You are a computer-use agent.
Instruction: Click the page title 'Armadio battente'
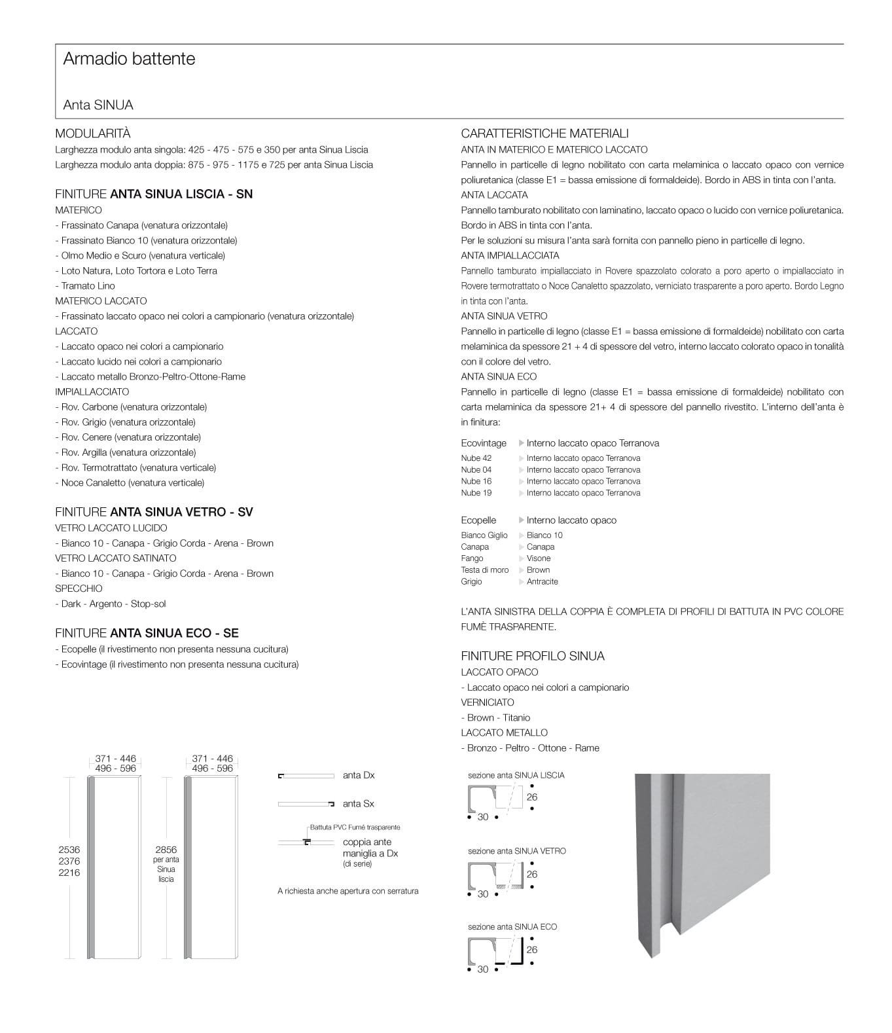pos(129,59)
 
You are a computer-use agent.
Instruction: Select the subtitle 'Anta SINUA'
pos(98,105)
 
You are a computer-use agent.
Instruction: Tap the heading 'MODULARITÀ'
pos(93,134)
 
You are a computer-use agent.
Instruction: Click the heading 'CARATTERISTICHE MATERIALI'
pos(544,134)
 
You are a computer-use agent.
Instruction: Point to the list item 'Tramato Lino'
pos(88,286)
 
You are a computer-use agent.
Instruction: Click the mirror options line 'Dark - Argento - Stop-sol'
pos(113,604)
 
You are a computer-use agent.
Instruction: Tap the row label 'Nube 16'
pos(476,482)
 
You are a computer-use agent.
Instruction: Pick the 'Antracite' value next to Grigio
pos(542,582)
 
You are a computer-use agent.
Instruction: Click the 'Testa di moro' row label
pos(484,570)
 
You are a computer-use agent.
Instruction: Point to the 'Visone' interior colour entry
pos(538,558)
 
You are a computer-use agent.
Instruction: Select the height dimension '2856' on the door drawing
pos(166,850)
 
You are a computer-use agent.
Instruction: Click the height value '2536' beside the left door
pos(69,850)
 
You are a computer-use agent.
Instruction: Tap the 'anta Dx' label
pos(359,776)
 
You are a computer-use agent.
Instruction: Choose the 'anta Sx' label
pos(359,804)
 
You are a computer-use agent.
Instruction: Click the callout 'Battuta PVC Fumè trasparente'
pos(355,827)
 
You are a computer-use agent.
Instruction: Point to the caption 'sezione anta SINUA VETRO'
pos(516,851)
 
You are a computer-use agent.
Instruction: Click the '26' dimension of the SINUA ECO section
pos(531,950)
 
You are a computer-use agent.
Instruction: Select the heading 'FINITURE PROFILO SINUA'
pos(532,656)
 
